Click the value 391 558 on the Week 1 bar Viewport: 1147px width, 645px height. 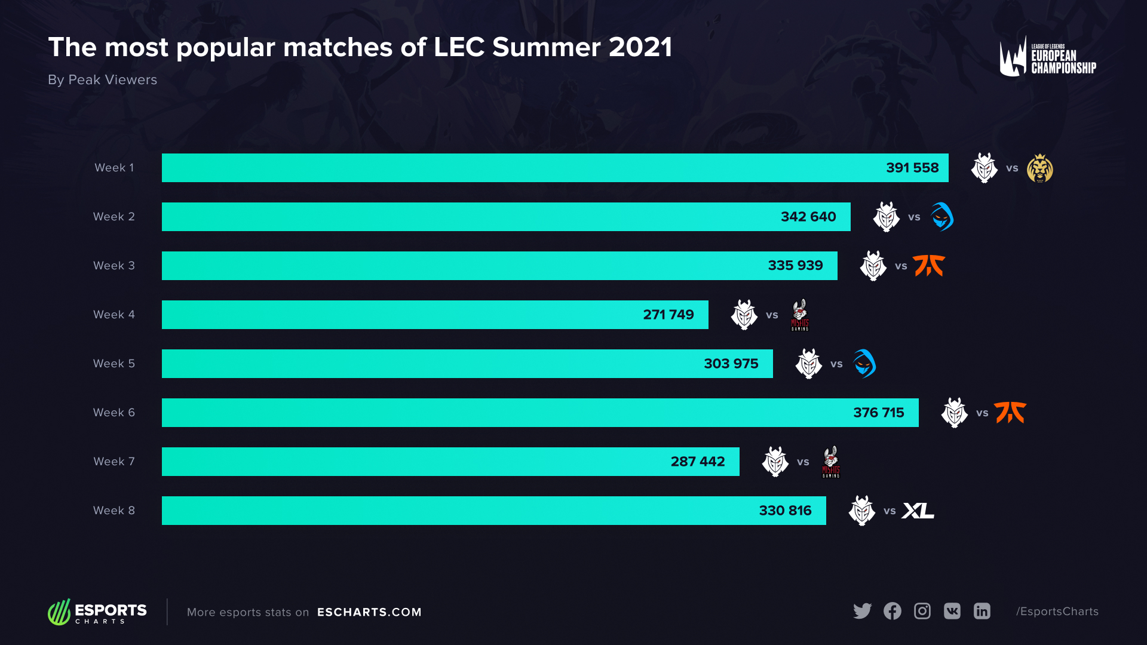click(912, 168)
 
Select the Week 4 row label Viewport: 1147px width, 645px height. click(114, 315)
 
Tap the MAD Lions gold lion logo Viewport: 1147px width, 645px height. click(1039, 168)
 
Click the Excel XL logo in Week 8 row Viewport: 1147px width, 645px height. click(918, 511)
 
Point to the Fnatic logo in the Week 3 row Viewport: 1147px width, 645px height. click(929, 266)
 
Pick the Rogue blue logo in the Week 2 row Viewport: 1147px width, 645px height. click(941, 217)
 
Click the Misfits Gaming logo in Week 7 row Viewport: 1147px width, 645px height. click(831, 462)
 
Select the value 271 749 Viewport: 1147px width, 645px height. click(668, 315)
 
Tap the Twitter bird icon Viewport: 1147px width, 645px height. click(862, 611)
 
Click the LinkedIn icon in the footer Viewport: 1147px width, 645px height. click(982, 611)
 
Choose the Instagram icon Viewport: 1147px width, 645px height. click(922, 611)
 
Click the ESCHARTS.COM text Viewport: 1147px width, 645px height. click(369, 612)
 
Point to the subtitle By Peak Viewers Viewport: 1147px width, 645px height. click(102, 80)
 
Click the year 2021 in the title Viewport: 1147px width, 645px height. click(640, 47)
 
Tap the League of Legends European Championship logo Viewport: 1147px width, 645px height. click(1047, 57)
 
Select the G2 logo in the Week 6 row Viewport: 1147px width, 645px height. click(954, 413)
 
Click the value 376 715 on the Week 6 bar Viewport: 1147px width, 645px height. click(878, 413)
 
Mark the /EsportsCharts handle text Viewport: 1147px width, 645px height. click(1057, 612)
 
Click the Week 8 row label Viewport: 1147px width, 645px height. click(114, 511)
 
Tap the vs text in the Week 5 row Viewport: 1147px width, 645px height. click(836, 364)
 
